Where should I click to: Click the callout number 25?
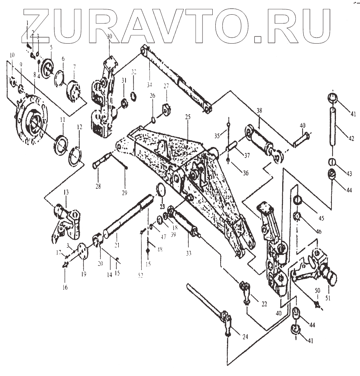coord(188,117)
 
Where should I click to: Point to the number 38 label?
coord(259,112)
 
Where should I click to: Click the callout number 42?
coord(351,138)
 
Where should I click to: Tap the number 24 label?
coord(245,337)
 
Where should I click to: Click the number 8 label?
coord(34,75)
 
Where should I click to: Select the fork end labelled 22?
coord(246,290)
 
